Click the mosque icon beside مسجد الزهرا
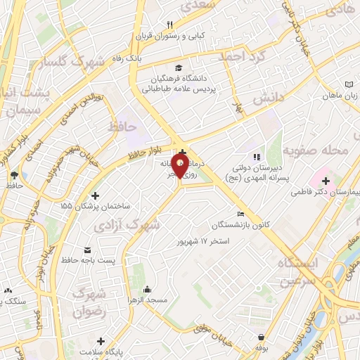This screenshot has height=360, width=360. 147,289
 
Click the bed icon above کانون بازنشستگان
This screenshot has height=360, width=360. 241,214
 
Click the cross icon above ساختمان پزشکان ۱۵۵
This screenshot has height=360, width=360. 96,195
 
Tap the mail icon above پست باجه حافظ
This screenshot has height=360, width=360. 87,250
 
